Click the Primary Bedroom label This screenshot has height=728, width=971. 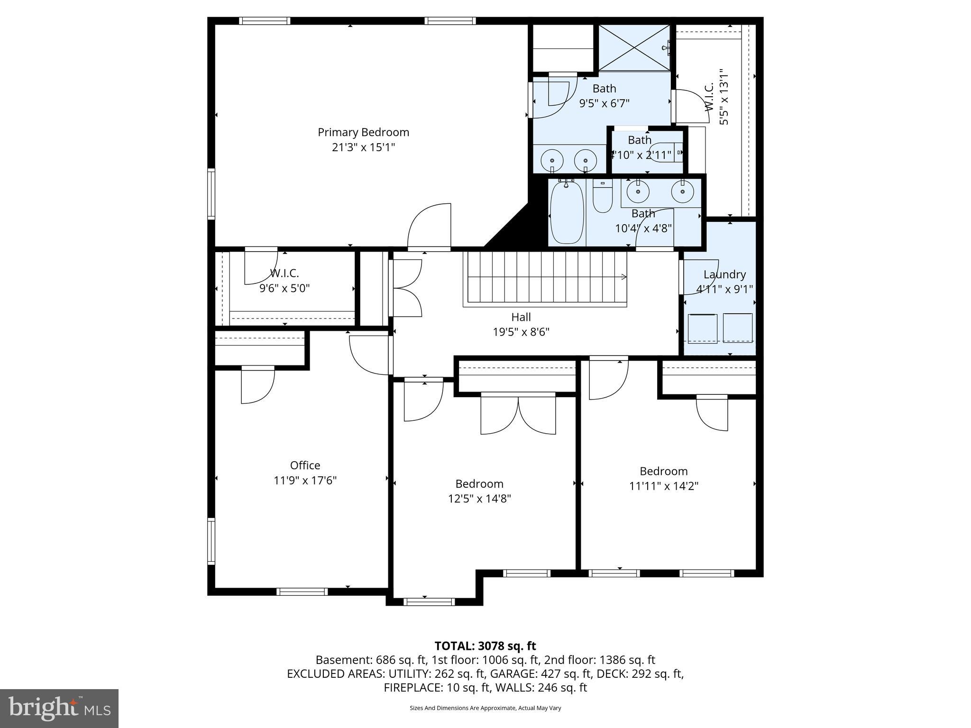pyautogui.click(x=363, y=132)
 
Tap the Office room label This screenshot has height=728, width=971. pyautogui.click(x=305, y=465)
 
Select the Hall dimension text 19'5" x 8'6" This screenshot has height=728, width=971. pyautogui.click(x=521, y=332)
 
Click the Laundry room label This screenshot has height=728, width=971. pyautogui.click(x=724, y=274)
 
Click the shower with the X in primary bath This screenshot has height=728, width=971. pyautogui.click(x=634, y=47)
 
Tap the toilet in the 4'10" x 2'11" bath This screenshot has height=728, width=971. pyautogui.click(x=667, y=152)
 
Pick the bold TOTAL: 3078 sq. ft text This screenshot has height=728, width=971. pyautogui.click(x=485, y=646)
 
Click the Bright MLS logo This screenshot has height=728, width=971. pyautogui.click(x=59, y=709)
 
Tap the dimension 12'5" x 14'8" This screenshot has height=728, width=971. pyautogui.click(x=479, y=499)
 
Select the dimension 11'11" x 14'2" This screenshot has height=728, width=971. pyautogui.click(x=664, y=486)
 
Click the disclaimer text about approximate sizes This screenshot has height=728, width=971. pyautogui.click(x=485, y=708)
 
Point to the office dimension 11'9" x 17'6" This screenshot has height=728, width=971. pyautogui.click(x=305, y=481)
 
